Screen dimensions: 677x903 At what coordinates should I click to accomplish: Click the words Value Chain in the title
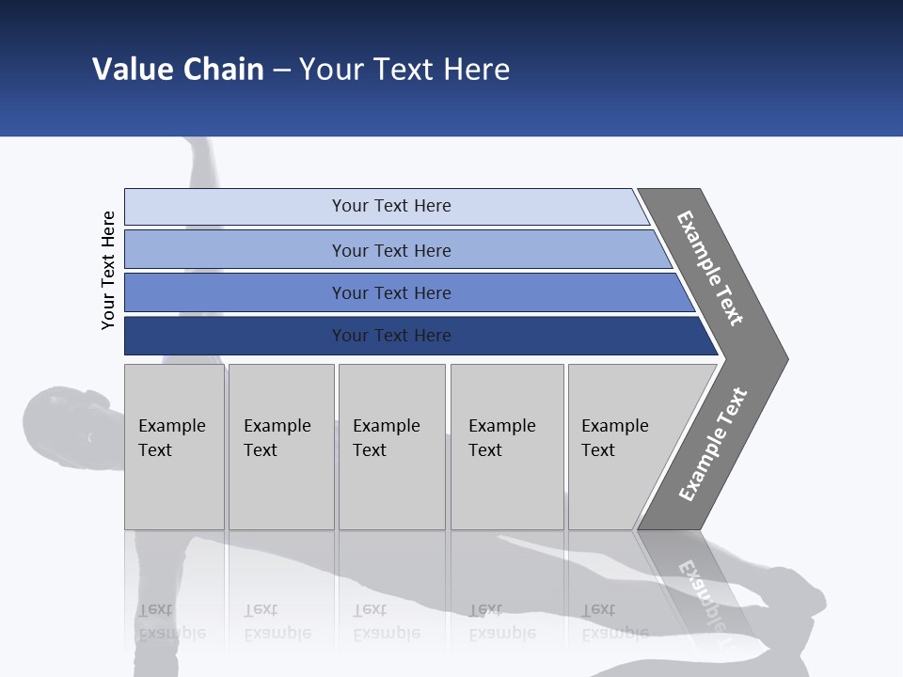click(x=178, y=70)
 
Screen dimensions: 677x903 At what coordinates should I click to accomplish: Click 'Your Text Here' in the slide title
click(x=404, y=70)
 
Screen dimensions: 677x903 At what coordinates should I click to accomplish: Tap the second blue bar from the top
click(x=391, y=250)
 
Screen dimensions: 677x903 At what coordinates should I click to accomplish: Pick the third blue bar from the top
click(x=391, y=292)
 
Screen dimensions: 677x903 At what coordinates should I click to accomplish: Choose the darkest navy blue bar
click(x=391, y=336)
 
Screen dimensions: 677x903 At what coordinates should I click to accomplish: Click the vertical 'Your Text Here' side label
click(x=108, y=270)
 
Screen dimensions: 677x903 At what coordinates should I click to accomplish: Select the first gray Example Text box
click(x=174, y=447)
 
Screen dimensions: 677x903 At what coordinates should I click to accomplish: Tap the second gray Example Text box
click(x=280, y=447)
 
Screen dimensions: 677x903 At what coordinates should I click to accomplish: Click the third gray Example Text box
click(x=391, y=447)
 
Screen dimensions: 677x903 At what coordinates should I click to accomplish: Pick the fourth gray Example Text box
click(x=506, y=447)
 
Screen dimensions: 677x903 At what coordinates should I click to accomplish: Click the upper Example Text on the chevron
click(x=710, y=268)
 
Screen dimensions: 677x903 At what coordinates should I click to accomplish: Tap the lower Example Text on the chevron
click(x=713, y=444)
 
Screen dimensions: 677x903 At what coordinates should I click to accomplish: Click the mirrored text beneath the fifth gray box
click(x=614, y=622)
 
